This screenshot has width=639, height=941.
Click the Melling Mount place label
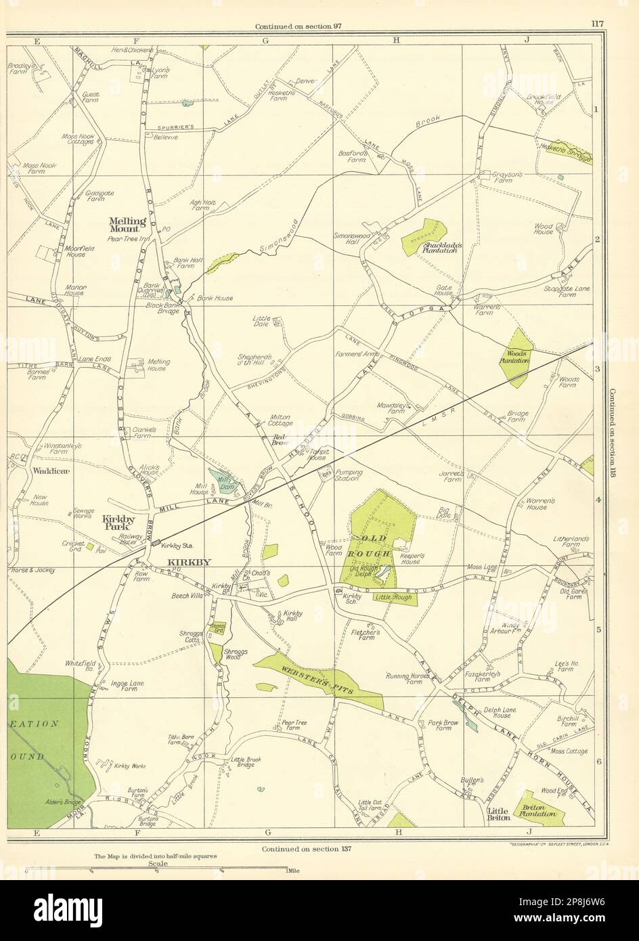click(127, 225)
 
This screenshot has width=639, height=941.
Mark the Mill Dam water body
click(221, 483)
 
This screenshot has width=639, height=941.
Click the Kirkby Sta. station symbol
click(156, 543)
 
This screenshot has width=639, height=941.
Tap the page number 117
click(596, 24)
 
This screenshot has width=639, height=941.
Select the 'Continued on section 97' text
click(298, 26)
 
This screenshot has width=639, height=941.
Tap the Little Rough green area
click(395, 598)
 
